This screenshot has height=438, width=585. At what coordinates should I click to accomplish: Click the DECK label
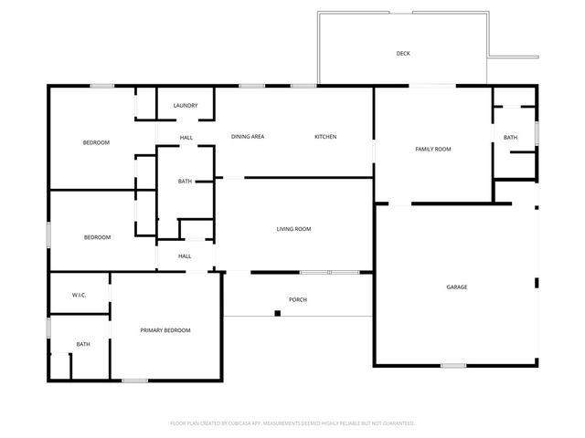pyautogui.click(x=403, y=54)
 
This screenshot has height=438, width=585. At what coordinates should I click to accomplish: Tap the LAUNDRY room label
pyautogui.click(x=186, y=106)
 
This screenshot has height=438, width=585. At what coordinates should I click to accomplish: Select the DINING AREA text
pyautogui.click(x=248, y=137)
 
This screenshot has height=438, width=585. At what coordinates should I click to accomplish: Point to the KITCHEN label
pyautogui.click(x=325, y=137)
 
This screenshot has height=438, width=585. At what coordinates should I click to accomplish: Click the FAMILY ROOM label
pyautogui.click(x=433, y=149)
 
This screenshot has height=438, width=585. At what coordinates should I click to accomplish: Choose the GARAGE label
pyautogui.click(x=457, y=287)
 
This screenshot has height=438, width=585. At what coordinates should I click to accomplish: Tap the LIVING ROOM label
pyautogui.click(x=294, y=229)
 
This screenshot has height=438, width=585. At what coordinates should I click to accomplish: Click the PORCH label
pyautogui.click(x=298, y=299)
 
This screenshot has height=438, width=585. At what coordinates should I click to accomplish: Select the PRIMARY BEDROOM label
pyautogui.click(x=165, y=330)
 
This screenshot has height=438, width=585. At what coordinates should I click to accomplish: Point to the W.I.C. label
pyautogui.click(x=80, y=295)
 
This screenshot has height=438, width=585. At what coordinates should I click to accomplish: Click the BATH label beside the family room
pyautogui.click(x=510, y=138)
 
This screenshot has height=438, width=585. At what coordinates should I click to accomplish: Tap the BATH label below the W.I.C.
pyautogui.click(x=83, y=344)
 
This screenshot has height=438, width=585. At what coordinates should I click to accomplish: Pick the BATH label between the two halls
pyautogui.click(x=185, y=182)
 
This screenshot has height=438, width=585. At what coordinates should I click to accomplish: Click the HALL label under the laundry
pyautogui.click(x=186, y=138)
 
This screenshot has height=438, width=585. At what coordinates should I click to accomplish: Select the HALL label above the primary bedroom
pyautogui.click(x=185, y=256)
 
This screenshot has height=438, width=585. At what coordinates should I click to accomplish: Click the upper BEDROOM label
pyautogui.click(x=97, y=143)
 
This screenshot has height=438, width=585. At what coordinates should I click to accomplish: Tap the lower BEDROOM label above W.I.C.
pyautogui.click(x=97, y=237)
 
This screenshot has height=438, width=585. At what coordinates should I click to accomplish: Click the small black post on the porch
pyautogui.click(x=277, y=314)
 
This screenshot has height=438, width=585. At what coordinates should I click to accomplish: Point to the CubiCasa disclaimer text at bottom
pyautogui.click(x=292, y=423)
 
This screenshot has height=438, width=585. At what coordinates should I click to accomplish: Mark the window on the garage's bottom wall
pyautogui.click(x=453, y=366)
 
